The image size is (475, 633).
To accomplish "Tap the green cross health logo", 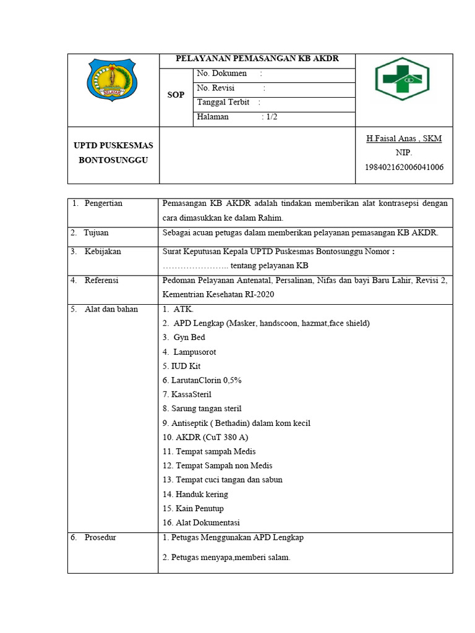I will pyautogui.click(x=403, y=79).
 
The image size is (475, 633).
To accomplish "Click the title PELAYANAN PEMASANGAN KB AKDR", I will pyautogui.click(x=257, y=59).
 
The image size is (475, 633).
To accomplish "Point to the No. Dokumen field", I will pyautogui.click(x=222, y=74).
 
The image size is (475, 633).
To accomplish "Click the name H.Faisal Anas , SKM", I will pyautogui.click(x=404, y=138).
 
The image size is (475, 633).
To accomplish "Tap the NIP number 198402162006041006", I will pyautogui.click(x=404, y=167).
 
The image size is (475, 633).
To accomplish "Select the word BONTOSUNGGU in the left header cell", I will pyautogui.click(x=113, y=160).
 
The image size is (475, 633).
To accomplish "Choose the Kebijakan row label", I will pyautogui.click(x=103, y=252).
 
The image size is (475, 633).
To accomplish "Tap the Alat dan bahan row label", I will pyautogui.click(x=111, y=309).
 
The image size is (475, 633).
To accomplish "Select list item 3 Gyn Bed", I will pyautogui.click(x=184, y=338).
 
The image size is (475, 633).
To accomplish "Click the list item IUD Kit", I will pyautogui.click(x=182, y=366).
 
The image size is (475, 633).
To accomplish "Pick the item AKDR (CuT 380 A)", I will pyautogui.click(x=205, y=437).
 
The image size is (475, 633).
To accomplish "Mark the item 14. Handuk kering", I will pyautogui.click(x=195, y=494).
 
